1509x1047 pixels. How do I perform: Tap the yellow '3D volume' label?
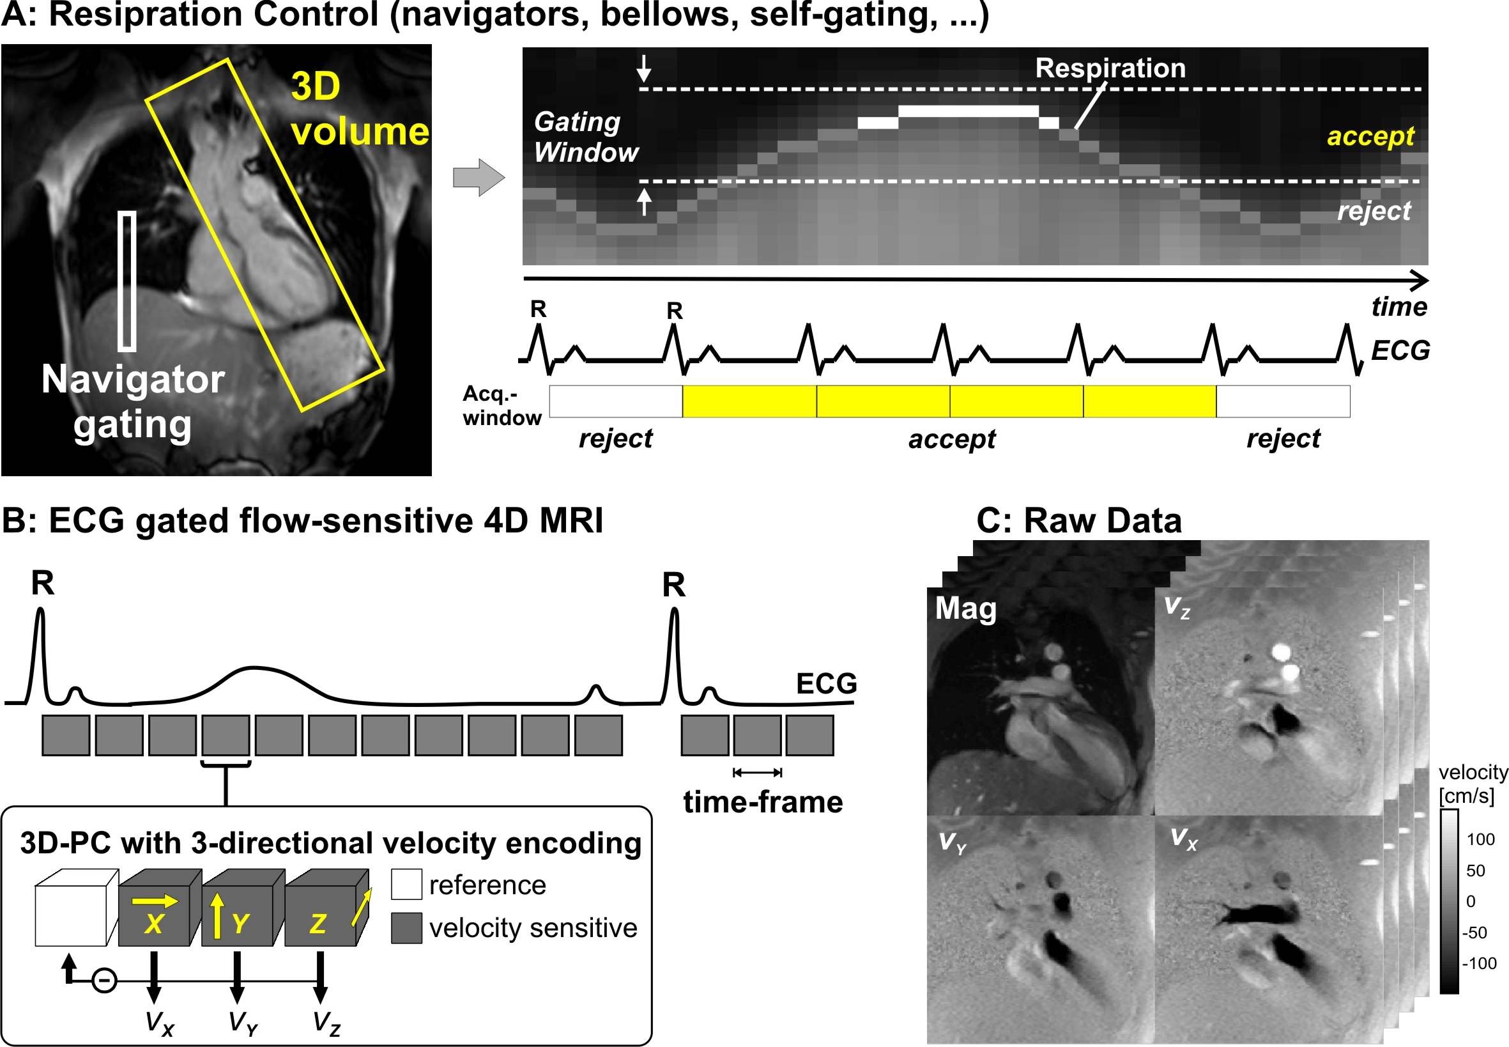coord(360,109)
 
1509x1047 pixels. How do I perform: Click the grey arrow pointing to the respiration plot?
coord(479,177)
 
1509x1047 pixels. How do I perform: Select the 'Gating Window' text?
coord(585,136)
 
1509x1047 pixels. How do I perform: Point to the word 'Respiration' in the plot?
coord(1110,68)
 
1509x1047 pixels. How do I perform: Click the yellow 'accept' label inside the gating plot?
coord(1370,136)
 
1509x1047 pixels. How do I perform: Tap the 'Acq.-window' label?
coord(502,405)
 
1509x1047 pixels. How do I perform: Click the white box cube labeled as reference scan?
coord(77,908)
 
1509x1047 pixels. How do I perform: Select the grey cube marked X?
coord(160,908)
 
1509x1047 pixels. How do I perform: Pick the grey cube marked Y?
coord(243,908)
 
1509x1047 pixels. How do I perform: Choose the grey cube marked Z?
coord(327,908)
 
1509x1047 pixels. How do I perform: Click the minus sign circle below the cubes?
coord(104,981)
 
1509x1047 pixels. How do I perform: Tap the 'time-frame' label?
coord(763,802)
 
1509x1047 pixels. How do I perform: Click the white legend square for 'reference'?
coord(406,884)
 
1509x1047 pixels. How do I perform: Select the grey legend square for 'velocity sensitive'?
coord(406,928)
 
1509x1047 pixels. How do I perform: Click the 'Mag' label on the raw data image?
coord(965,609)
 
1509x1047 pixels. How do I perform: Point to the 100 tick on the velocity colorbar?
coord(1481,839)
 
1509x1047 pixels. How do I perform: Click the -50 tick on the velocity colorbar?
coord(1475,932)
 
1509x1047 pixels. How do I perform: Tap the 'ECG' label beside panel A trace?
coord(1400,350)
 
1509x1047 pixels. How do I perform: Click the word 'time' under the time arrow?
coord(1399,307)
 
